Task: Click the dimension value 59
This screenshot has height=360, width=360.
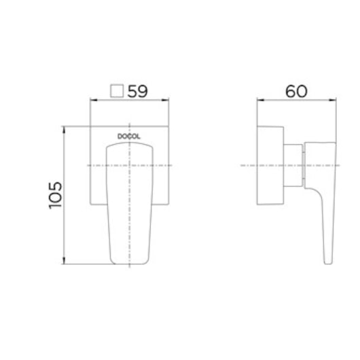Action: [137, 92]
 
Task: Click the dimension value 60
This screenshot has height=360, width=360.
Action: [296, 92]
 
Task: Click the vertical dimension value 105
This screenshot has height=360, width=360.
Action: [55, 196]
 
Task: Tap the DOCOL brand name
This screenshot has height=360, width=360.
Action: [129, 137]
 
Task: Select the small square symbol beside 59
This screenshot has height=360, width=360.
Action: [117, 91]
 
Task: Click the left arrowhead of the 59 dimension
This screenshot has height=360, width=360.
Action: [94, 100]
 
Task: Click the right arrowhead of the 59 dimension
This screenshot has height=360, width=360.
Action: [165, 100]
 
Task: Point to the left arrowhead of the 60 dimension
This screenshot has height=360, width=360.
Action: [261, 100]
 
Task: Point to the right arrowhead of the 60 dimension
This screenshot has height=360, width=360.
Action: [332, 100]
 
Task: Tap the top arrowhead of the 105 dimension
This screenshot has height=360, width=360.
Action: [64, 130]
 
